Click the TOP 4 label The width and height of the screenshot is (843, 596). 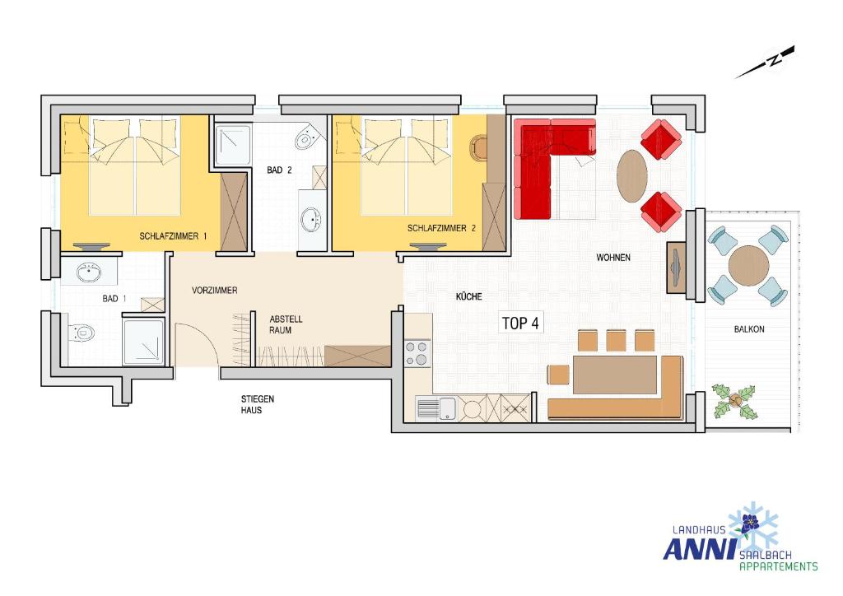point(520,323)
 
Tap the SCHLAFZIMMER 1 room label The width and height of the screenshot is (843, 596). point(173,236)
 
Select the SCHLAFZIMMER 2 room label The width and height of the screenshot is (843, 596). point(441,228)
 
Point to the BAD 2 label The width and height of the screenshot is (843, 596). point(279,170)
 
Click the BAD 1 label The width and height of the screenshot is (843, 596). point(114,298)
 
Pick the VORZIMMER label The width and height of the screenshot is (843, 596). point(215,291)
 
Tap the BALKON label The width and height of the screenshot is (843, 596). point(749,329)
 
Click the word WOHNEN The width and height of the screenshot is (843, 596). point(613,258)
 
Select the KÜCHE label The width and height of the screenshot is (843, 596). point(468,296)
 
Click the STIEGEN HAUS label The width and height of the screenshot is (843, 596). point(258,404)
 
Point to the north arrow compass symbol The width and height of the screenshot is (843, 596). point(765,63)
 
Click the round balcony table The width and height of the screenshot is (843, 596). point(748,266)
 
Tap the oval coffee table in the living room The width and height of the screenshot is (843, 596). point(631,175)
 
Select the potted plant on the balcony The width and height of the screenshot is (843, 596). point(734,401)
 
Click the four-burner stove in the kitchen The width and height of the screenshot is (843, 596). point(417,354)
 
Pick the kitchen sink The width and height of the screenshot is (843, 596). point(435,408)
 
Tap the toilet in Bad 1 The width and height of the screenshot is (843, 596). point(82,333)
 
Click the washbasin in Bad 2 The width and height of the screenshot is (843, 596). point(311,219)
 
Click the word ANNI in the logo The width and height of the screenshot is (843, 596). point(699,549)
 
